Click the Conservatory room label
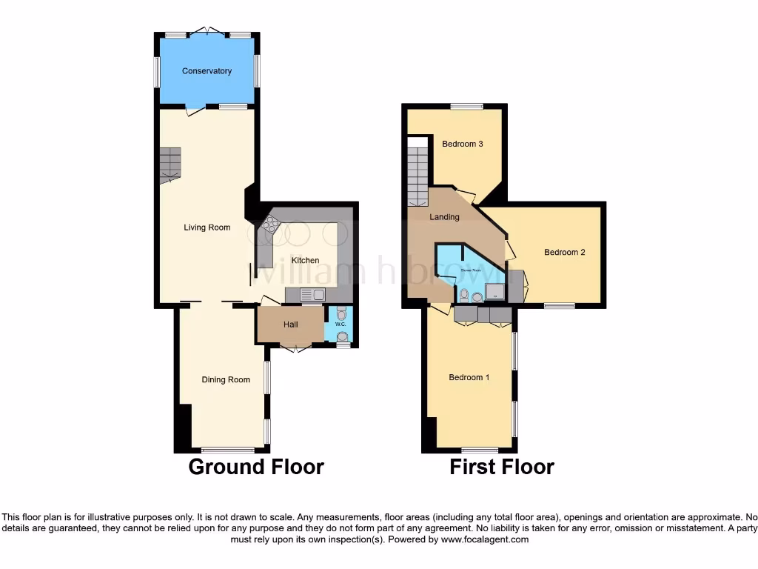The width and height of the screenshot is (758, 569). (x=207, y=71)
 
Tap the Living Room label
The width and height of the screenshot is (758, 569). (x=207, y=227)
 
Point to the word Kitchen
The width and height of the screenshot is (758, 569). (x=305, y=260)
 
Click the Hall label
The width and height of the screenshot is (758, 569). (x=291, y=325)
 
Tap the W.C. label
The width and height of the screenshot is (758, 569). (x=341, y=325)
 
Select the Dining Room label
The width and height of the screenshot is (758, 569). (x=226, y=379)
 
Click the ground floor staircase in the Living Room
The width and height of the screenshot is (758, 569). (x=170, y=164)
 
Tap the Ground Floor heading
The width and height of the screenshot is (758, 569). (x=255, y=467)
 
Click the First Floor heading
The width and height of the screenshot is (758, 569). (x=502, y=467)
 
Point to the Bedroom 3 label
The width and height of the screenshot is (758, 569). (x=463, y=144)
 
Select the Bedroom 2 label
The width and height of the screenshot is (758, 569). (x=565, y=252)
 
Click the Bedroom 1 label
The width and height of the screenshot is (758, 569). (x=469, y=377)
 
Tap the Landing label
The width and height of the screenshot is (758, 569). (x=445, y=217)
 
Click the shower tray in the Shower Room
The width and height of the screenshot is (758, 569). (x=494, y=294)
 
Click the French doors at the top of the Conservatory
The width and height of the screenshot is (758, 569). (x=207, y=31)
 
